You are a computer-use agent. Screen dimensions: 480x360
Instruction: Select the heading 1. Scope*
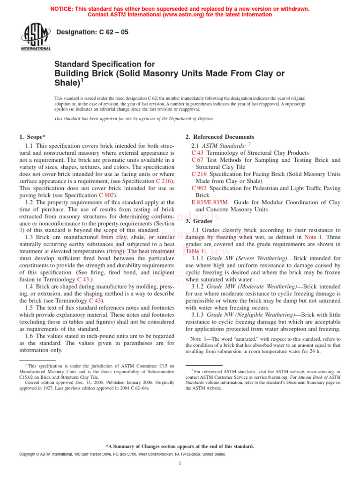tap(32, 137)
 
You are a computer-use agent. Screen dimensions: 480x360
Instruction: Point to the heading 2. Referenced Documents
tap(220, 137)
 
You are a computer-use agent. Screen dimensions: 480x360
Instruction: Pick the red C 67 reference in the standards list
tap(197, 160)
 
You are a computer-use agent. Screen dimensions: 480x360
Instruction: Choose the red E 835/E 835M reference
tap(210, 202)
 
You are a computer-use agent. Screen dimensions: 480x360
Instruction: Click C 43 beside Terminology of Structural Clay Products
tap(197, 153)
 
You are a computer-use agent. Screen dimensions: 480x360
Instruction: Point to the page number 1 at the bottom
tap(180, 464)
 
